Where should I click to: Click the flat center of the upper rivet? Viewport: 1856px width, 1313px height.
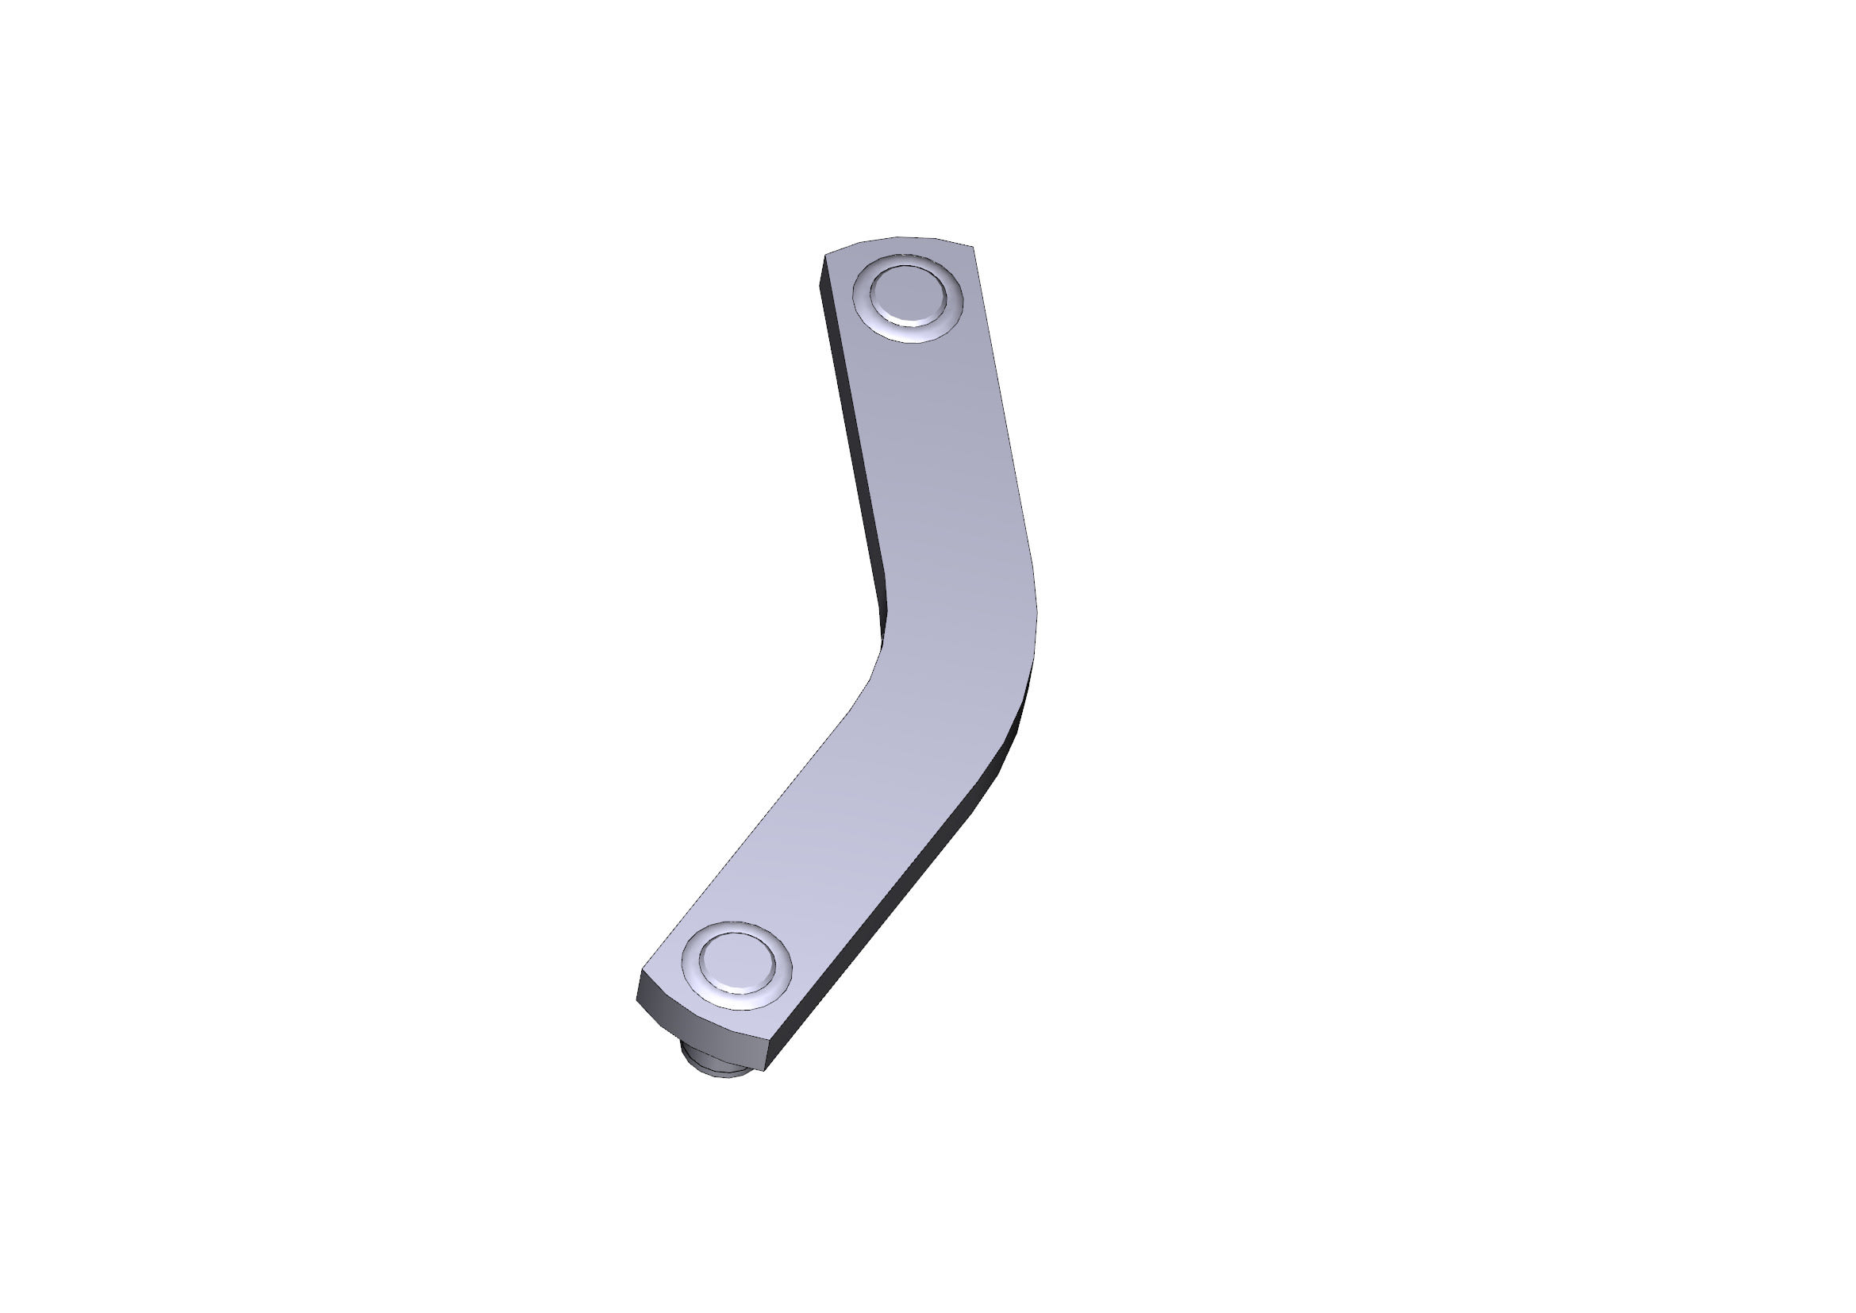coord(908,297)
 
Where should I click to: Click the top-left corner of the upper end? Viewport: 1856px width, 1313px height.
coord(825,255)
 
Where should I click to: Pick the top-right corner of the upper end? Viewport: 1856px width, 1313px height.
coord(973,247)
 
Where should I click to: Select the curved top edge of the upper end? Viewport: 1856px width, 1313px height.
coord(897,237)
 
